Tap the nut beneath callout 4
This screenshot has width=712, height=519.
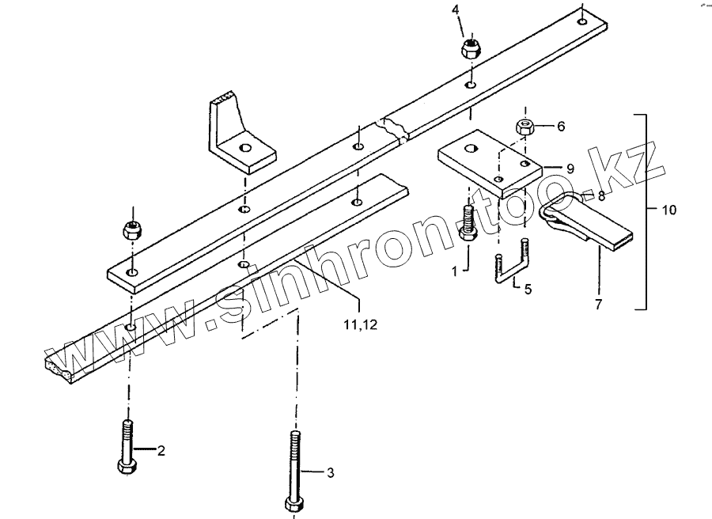[472, 47]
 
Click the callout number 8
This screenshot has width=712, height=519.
[600, 195]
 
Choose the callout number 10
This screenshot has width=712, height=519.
[669, 210]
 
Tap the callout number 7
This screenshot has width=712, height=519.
[598, 303]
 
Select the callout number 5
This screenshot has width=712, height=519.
[528, 289]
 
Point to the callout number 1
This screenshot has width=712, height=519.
[454, 271]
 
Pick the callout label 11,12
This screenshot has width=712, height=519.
[361, 322]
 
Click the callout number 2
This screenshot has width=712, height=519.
[161, 451]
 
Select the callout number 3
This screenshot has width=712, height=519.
[331, 473]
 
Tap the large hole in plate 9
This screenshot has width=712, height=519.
[472, 148]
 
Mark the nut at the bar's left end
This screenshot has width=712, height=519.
[131, 231]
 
